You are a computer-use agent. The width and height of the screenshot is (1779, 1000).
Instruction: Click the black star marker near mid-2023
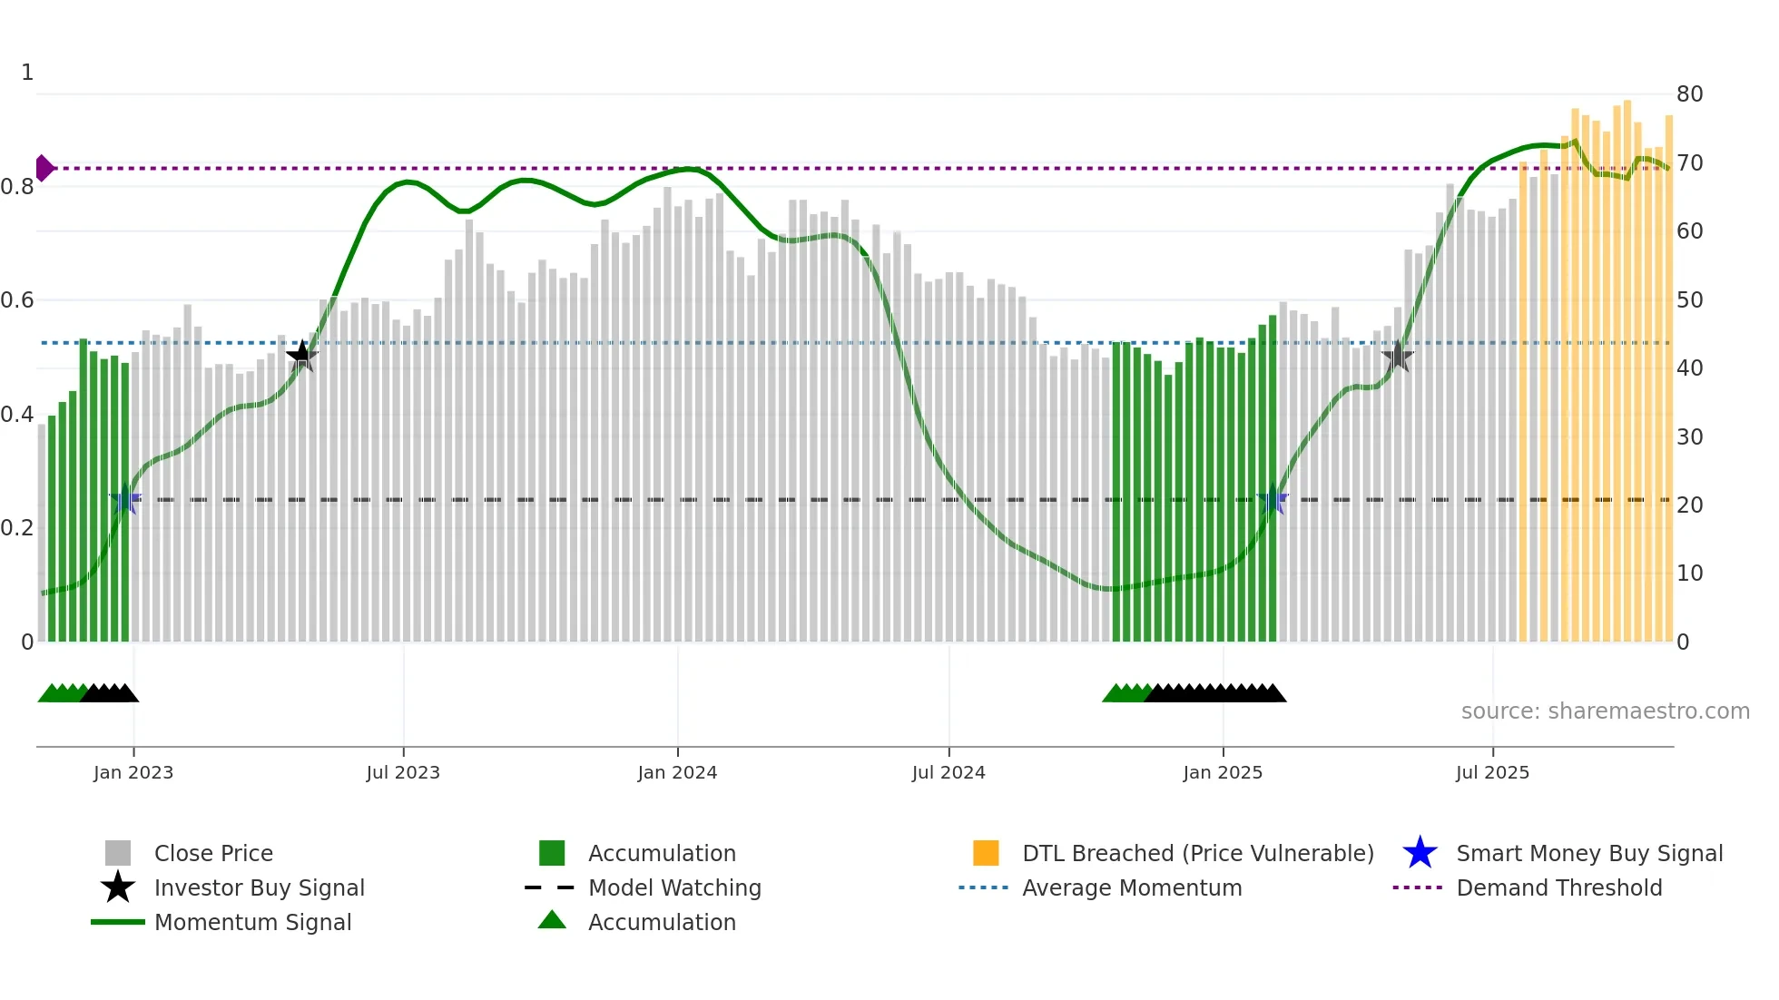click(x=301, y=356)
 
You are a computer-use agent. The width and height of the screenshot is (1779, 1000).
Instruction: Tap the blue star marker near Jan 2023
click(x=125, y=499)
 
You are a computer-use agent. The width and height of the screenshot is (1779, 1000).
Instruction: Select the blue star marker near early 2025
click(x=1273, y=499)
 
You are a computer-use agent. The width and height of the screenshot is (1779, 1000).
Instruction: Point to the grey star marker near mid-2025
click(x=1397, y=357)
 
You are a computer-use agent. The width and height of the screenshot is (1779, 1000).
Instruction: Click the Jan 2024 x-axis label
click(x=677, y=772)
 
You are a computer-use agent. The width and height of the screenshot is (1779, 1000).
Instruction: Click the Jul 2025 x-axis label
click(x=1492, y=772)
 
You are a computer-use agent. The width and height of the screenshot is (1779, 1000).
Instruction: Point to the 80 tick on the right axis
click(x=1689, y=93)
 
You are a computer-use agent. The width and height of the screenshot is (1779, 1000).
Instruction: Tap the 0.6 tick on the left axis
click(x=17, y=299)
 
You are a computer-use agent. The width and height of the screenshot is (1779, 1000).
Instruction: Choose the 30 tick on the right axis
click(x=1689, y=436)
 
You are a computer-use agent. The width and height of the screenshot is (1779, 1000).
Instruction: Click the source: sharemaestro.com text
click(x=1605, y=711)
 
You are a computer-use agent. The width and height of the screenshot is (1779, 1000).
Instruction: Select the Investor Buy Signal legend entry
click(x=259, y=887)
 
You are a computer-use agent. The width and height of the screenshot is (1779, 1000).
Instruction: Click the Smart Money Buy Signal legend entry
click(x=1588, y=853)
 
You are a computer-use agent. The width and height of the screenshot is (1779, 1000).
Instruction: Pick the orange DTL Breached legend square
click(x=986, y=853)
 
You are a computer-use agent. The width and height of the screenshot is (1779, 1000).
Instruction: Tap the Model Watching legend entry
click(x=673, y=887)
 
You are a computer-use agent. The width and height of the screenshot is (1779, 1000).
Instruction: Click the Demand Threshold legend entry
click(x=1558, y=887)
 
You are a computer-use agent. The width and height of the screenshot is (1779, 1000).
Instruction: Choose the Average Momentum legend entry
click(x=1131, y=887)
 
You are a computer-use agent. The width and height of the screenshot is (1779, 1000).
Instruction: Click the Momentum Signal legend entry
click(x=252, y=922)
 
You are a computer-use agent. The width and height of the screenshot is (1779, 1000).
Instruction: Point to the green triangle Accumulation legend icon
click(x=552, y=920)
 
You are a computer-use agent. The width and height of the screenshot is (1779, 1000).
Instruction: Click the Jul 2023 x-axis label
click(x=403, y=772)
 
